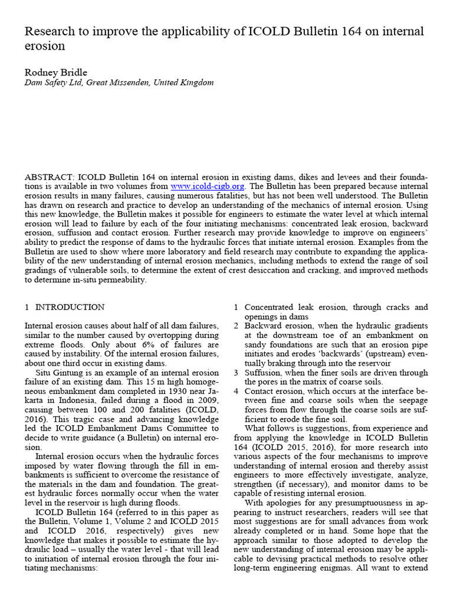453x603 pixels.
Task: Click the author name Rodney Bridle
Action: click(55, 72)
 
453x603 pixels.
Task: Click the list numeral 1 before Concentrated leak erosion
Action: click(236, 307)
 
